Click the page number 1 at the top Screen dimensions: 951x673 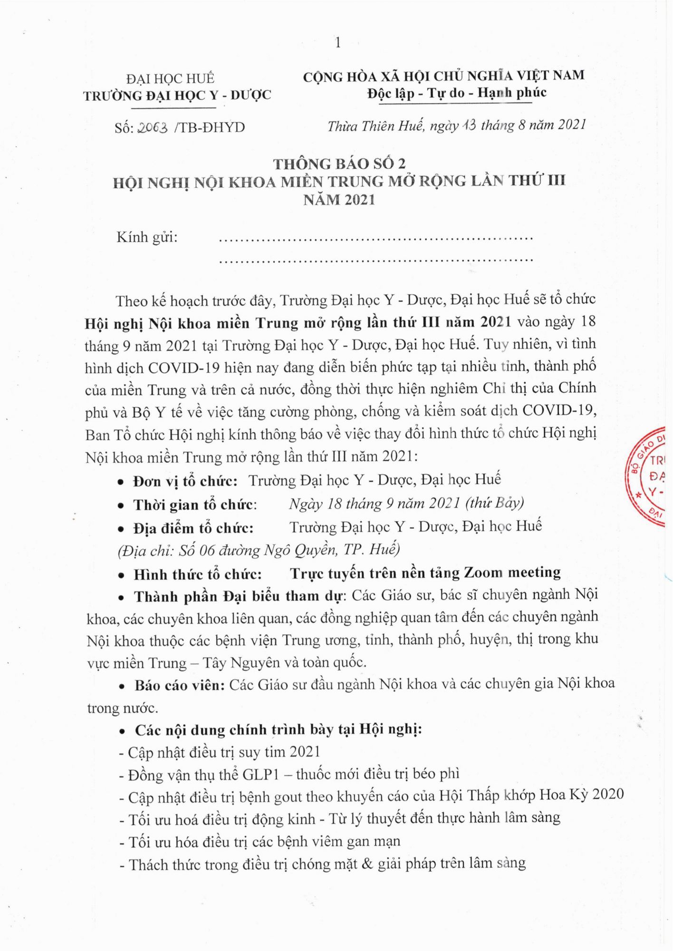click(337, 43)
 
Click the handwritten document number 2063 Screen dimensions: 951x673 click(152, 127)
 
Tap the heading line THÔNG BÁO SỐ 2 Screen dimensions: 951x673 click(339, 164)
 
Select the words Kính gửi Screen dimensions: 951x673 click(147, 237)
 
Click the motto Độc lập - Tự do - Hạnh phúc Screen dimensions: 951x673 click(456, 93)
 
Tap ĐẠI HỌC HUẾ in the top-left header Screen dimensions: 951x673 click(170, 78)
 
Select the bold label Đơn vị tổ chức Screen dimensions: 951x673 click(185, 481)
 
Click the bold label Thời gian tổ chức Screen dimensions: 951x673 click(195, 505)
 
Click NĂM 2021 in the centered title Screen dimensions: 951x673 click(339, 200)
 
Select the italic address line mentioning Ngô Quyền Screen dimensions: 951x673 click(259, 550)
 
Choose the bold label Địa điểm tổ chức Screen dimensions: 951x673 click(193, 528)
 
